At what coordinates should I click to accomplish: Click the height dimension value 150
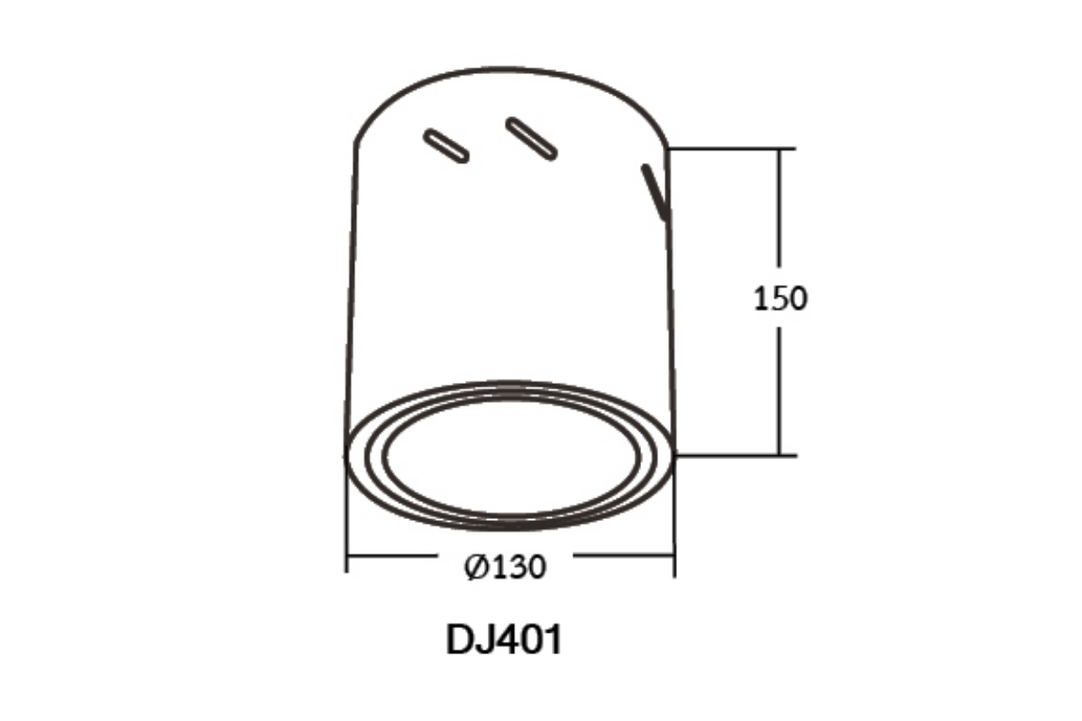(x=780, y=298)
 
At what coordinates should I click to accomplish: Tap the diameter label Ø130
(x=505, y=567)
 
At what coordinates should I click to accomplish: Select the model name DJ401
(x=504, y=639)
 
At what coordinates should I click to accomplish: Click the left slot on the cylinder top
(x=445, y=146)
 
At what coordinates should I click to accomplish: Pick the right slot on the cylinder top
(x=531, y=139)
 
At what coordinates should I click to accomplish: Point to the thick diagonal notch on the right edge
(x=655, y=193)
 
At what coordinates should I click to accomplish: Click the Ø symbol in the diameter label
(x=476, y=567)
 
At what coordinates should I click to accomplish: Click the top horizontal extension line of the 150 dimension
(x=731, y=149)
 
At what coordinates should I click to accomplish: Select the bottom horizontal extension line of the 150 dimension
(x=735, y=455)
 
